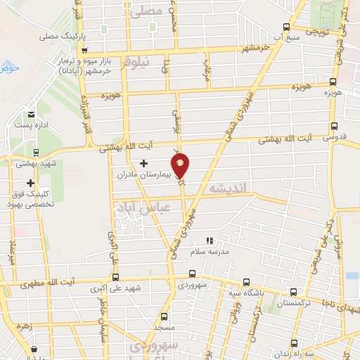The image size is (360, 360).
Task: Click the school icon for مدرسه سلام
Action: [x=209, y=240]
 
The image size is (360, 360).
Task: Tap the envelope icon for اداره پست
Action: [x=31, y=115]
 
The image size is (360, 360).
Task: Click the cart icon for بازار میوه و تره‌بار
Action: [x=84, y=51]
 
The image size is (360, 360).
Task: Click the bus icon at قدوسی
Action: [x=333, y=127]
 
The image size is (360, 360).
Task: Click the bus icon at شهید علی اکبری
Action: [x=116, y=277]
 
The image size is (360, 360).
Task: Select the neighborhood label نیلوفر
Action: [x=136, y=63]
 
